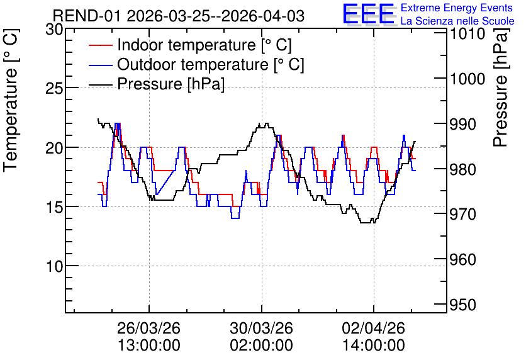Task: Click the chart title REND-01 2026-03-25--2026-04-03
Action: click(x=179, y=16)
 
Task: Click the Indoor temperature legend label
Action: click(x=204, y=45)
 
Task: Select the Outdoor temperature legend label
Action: click(x=211, y=64)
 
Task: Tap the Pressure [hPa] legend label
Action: click(x=171, y=84)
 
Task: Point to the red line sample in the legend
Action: click(x=100, y=45)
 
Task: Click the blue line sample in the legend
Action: click(x=100, y=65)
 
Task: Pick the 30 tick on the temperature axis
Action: click(x=54, y=30)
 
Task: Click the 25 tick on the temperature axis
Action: click(x=54, y=89)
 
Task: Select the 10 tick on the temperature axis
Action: click(x=54, y=266)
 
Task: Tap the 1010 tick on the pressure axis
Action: click(x=467, y=34)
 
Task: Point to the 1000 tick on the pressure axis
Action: click(x=467, y=79)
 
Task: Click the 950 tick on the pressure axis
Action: click(x=462, y=305)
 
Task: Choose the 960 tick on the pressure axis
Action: click(x=462, y=260)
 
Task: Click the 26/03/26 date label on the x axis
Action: click(x=149, y=328)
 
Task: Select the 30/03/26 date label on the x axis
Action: click(x=261, y=328)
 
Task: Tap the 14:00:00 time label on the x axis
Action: click(x=374, y=346)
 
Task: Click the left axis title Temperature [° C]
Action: click(x=11, y=100)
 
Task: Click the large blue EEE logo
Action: click(x=368, y=14)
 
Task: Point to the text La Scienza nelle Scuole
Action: click(x=457, y=21)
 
